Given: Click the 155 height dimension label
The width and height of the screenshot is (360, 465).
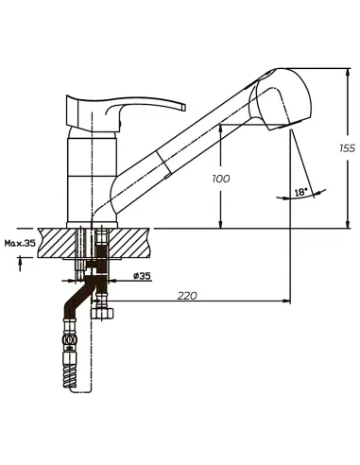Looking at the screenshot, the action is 348,148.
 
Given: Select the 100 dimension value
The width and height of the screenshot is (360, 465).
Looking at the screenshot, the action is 221,179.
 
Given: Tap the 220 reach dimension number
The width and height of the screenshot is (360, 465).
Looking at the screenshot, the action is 187,296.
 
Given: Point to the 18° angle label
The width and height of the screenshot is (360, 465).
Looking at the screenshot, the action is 300,192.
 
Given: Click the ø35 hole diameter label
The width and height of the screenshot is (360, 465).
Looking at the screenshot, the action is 142,276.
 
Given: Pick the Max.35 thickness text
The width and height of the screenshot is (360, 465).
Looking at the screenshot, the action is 20,243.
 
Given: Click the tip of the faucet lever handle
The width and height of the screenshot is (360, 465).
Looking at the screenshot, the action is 183,107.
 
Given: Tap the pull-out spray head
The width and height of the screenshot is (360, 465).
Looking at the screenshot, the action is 281,99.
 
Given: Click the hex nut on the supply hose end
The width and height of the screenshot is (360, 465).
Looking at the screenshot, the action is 103,313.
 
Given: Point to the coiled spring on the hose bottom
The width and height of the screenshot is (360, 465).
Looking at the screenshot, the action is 70,376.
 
